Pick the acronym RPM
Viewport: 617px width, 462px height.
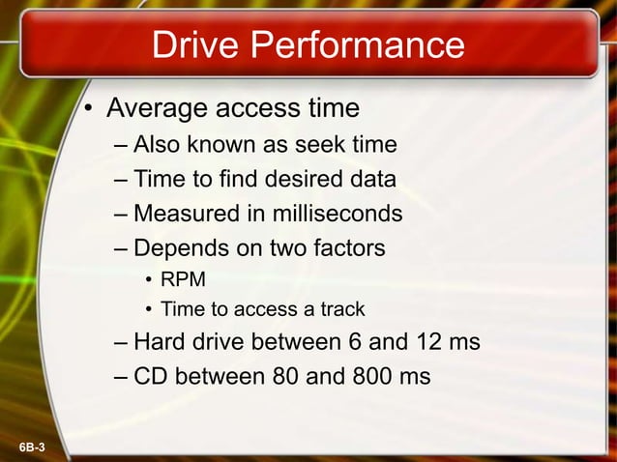click(x=183, y=280)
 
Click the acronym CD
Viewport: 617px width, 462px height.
click(x=150, y=376)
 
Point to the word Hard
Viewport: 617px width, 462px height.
click(x=158, y=342)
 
